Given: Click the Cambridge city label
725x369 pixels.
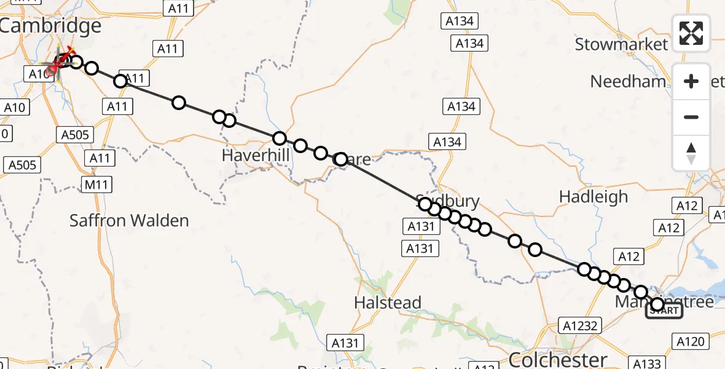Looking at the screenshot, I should [x=50, y=26].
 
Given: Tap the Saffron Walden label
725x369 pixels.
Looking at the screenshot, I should [x=129, y=220].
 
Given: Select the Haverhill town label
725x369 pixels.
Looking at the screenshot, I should [x=255, y=156].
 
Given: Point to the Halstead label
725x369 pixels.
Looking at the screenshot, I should [x=388, y=303].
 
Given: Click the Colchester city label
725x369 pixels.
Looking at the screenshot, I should [x=558, y=359].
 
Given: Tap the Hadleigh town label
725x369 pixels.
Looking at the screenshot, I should [x=594, y=197].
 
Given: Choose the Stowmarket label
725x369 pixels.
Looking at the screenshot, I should [x=621, y=44].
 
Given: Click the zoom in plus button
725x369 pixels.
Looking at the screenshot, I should [x=691, y=81].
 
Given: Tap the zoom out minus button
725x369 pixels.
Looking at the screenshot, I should [x=691, y=117].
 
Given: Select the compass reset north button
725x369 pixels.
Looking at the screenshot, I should [x=691, y=153].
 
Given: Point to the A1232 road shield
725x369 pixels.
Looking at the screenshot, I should [x=580, y=325].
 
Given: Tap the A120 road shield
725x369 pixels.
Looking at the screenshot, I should [x=691, y=340].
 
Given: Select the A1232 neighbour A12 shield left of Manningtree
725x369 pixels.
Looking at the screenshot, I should [x=629, y=257].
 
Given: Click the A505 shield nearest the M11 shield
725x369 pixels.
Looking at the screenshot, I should [x=76, y=135].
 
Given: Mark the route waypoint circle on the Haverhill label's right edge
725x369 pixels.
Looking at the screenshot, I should [x=280, y=138].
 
